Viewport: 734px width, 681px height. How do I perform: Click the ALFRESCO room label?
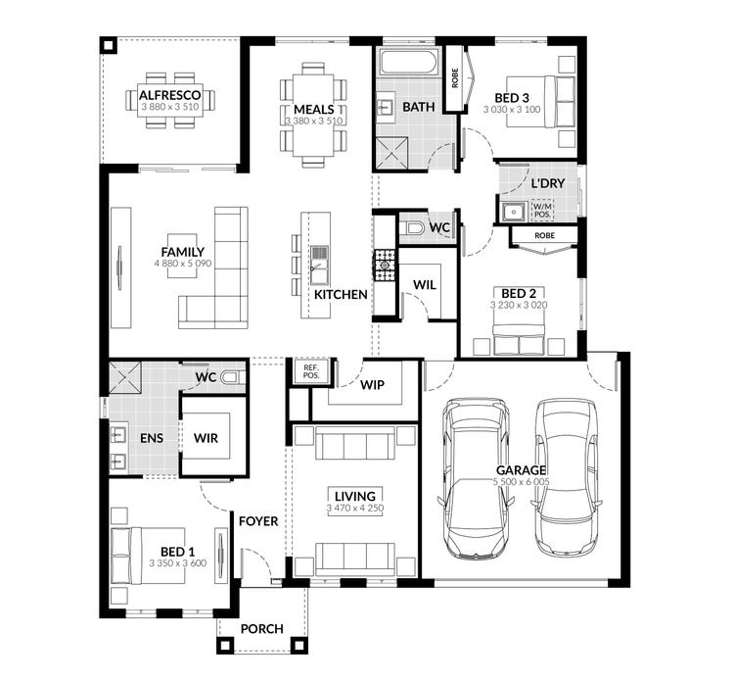click(x=170, y=95)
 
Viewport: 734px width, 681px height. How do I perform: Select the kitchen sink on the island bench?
click(x=320, y=266)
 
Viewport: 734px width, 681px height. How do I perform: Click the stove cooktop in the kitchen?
click(x=385, y=266)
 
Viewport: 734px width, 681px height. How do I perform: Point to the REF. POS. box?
click(x=311, y=371)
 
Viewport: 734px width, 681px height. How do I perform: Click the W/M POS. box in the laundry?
click(x=542, y=211)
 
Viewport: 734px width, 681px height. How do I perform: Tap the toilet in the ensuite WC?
click(x=232, y=376)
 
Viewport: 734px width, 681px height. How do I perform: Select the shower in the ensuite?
click(x=125, y=377)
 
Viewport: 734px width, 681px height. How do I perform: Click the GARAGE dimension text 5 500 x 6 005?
click(x=521, y=481)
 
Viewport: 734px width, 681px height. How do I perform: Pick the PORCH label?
click(x=261, y=629)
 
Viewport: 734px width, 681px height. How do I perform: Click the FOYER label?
click(x=258, y=521)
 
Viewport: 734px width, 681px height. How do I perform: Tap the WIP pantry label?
click(x=372, y=385)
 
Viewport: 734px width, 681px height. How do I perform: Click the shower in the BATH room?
click(x=391, y=153)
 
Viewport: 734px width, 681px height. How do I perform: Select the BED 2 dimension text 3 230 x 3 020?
click(x=519, y=305)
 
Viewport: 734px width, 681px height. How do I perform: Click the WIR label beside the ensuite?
click(x=206, y=438)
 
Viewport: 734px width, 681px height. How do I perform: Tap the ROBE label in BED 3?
click(x=455, y=78)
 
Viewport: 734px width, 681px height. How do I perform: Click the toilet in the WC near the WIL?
click(x=413, y=228)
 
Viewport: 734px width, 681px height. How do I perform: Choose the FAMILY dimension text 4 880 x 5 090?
click(x=183, y=264)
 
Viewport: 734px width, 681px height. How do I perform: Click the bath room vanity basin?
click(x=385, y=108)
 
